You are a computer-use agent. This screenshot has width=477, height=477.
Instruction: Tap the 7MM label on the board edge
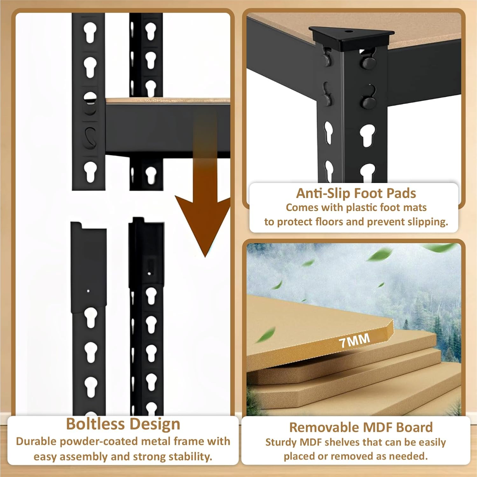pyautogui.click(x=354, y=340)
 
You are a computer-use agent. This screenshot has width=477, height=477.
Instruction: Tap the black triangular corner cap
pyautogui.click(x=351, y=38)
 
